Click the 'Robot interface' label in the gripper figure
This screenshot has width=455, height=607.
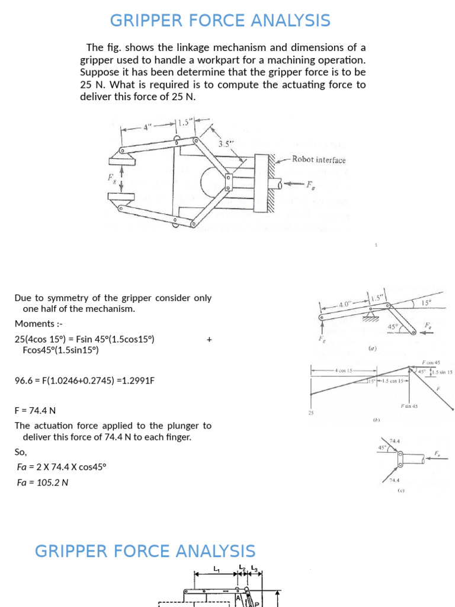tap(319, 159)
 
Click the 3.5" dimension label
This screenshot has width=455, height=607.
tap(225, 143)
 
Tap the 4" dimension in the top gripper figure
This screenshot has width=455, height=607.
tap(148, 126)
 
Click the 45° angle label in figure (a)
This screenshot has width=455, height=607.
tap(392, 327)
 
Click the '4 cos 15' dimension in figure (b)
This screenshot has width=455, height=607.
tap(344, 370)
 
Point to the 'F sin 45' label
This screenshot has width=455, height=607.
tap(409, 406)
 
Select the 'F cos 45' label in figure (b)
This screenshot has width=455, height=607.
tap(431, 362)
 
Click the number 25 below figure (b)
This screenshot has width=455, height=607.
tap(310, 413)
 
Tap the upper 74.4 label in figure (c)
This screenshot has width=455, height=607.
tap(395, 441)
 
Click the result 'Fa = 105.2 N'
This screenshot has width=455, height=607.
tap(43, 483)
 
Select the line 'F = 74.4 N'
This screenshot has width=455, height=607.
tap(35, 410)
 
